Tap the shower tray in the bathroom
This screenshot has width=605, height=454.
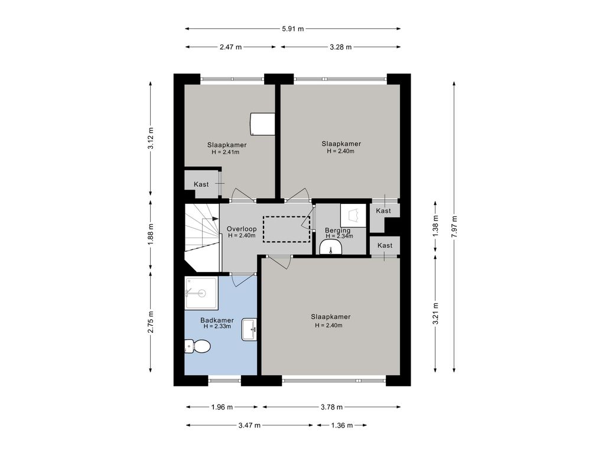[x=202, y=293]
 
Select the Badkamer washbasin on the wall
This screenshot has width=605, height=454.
[x=249, y=330]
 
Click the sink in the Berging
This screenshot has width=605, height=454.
[x=331, y=247]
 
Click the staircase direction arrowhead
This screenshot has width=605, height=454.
[x=215, y=219]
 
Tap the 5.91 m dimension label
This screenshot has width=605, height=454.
[x=293, y=28]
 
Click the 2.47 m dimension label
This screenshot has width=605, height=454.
[x=231, y=47]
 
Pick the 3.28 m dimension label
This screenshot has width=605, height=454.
[x=340, y=47]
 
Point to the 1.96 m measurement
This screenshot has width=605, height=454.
[x=222, y=407]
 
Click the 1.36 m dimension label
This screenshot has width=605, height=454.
[x=342, y=426]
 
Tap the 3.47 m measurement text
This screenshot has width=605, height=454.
[x=249, y=426]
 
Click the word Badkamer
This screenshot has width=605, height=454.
[x=217, y=320]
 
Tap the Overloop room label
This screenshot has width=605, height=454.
[x=242, y=229]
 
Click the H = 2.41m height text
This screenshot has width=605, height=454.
[x=226, y=152]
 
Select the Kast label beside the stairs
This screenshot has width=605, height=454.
[x=201, y=184]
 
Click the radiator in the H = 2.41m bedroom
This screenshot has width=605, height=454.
[x=263, y=124]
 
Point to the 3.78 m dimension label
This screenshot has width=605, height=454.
[x=331, y=407]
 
